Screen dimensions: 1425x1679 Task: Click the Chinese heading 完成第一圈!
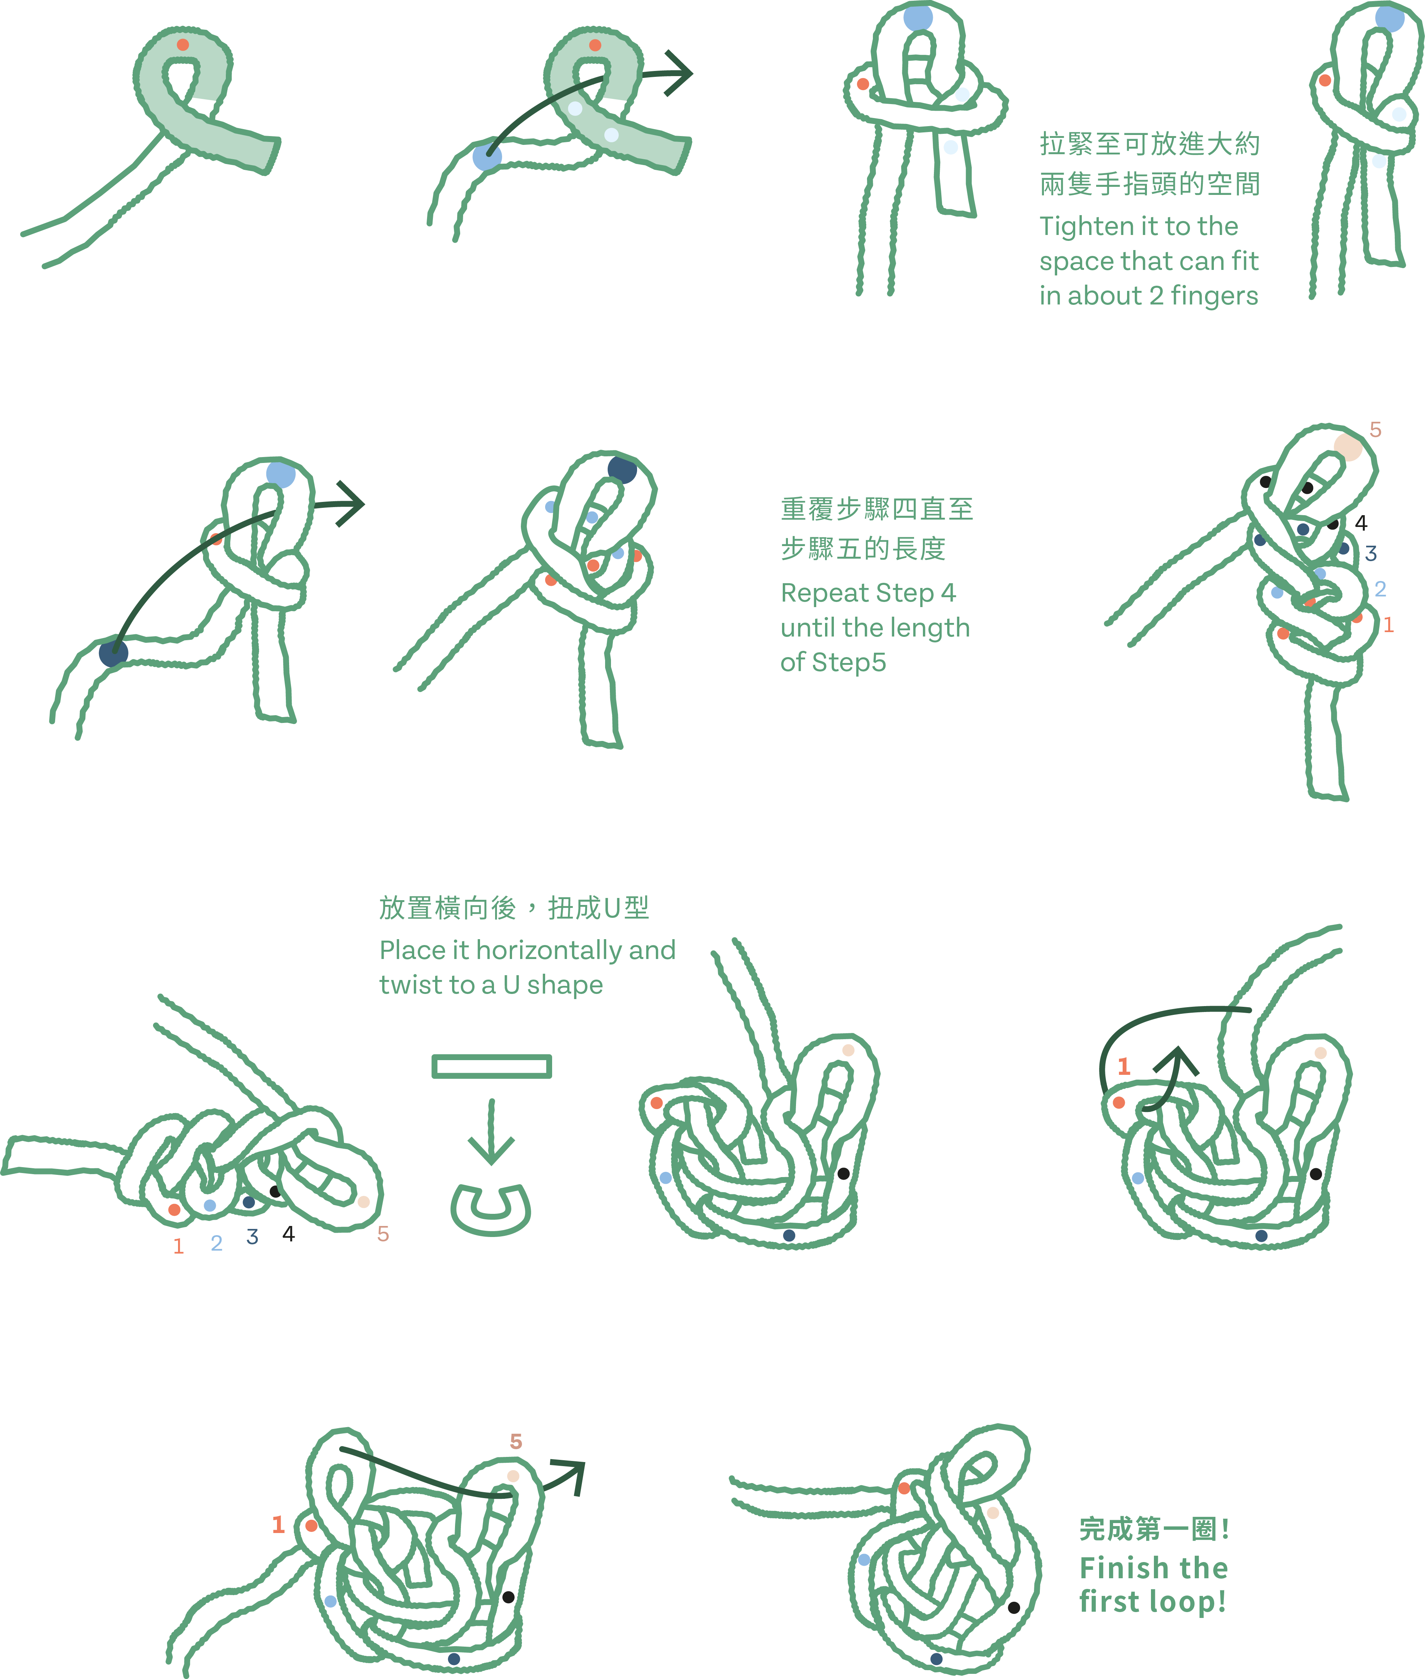(x=1154, y=1529)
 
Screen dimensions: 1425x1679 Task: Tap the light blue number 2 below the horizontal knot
(x=217, y=1243)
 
